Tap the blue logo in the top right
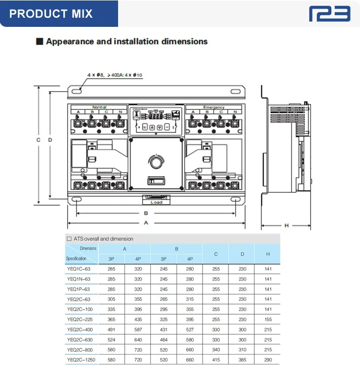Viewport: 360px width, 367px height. coord(329,13)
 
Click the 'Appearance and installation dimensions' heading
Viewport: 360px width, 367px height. coord(127,42)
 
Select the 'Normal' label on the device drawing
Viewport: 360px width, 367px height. coord(99,107)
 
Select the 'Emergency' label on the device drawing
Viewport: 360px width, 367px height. coord(214,107)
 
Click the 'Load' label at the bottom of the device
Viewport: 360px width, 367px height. coord(156,202)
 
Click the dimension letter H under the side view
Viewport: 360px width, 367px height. coord(287,225)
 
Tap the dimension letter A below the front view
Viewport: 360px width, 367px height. coord(146,223)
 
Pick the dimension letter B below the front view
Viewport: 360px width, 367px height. coord(146,213)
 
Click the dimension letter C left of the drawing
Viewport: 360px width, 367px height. coord(38,140)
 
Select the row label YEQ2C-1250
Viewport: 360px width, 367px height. coord(81,360)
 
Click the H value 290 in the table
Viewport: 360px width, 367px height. coord(268,360)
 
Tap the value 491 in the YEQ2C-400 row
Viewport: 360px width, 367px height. coord(111,330)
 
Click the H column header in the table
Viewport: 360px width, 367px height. coord(268,253)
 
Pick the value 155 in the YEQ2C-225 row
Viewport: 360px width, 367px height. coord(268,319)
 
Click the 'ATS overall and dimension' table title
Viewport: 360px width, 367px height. coord(103,238)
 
